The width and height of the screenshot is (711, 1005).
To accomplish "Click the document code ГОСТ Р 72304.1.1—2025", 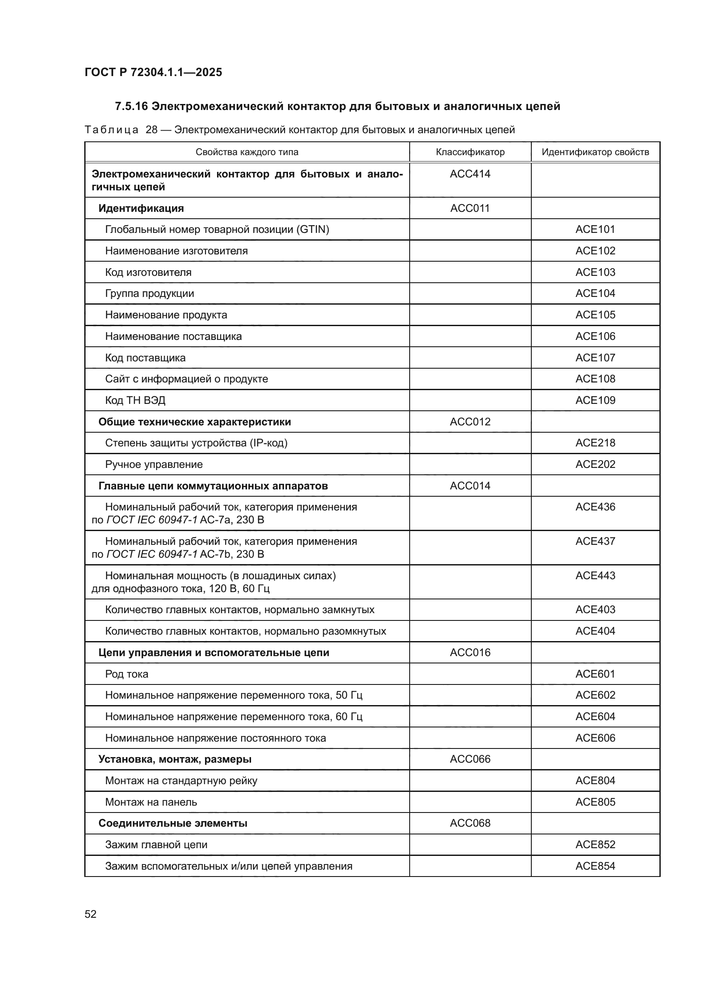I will [x=153, y=72].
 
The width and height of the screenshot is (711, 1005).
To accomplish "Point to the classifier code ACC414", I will [x=470, y=174].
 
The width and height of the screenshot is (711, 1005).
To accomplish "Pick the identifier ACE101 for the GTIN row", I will [x=595, y=229].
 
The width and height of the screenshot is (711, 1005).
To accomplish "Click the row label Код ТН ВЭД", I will [x=135, y=400].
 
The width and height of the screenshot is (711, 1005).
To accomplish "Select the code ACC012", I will [x=470, y=422].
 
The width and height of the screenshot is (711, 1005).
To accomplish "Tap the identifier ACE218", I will [x=595, y=443].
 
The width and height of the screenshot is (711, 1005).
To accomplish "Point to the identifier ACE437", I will [x=595, y=541].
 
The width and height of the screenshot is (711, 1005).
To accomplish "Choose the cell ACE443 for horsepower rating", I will [x=595, y=576].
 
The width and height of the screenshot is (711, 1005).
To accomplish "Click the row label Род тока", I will [x=126, y=674].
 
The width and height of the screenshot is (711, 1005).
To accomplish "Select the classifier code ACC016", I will [x=470, y=653].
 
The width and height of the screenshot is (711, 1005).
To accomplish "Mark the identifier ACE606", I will [x=595, y=738].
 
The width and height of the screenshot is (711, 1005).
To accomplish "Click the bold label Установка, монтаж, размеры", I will [x=175, y=759].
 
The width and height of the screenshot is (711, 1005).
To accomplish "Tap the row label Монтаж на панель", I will [x=150, y=802].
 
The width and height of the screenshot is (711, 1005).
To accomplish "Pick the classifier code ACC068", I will [x=470, y=823].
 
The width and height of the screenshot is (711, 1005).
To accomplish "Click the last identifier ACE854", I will [x=595, y=866].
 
